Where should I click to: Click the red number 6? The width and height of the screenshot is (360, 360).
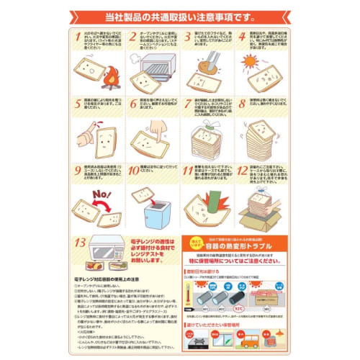pos(133,104)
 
